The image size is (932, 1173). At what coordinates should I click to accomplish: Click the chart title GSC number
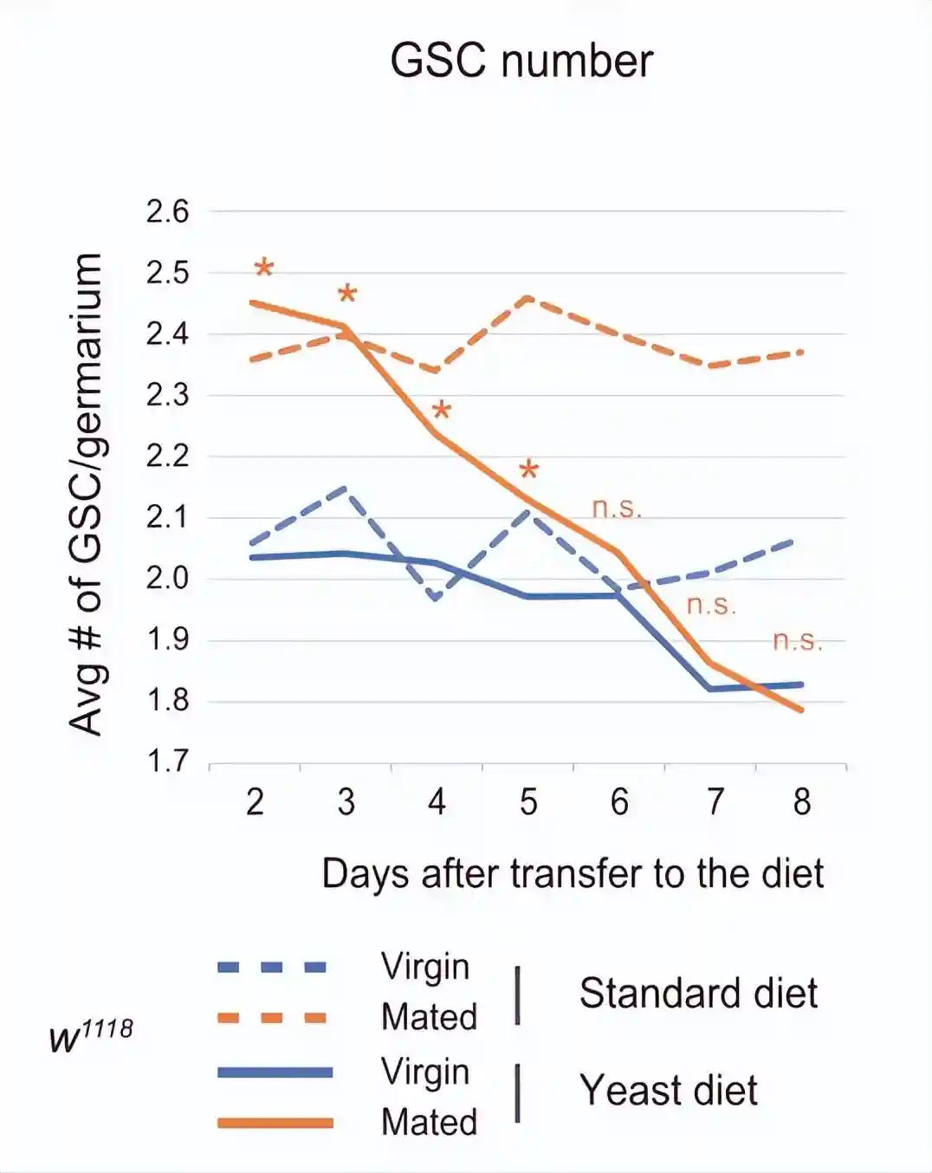click(x=521, y=62)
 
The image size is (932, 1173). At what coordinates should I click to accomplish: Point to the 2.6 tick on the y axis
click(x=167, y=211)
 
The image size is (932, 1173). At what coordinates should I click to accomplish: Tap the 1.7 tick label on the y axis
click(x=167, y=761)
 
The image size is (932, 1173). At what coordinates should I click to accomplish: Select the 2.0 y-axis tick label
click(x=167, y=578)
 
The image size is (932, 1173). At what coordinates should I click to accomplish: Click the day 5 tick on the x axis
click(x=528, y=802)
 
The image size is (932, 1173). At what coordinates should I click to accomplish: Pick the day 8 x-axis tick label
click(x=802, y=802)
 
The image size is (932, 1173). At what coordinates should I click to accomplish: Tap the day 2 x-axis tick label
click(x=255, y=802)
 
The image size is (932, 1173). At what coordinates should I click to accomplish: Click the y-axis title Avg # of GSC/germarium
click(x=86, y=494)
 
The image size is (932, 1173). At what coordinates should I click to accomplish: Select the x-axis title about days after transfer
click(x=573, y=873)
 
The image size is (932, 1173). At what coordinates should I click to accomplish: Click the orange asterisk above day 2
click(x=264, y=268)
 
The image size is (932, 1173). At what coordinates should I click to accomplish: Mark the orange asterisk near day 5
click(x=529, y=470)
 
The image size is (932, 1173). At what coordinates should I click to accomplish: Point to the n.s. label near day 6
click(x=617, y=508)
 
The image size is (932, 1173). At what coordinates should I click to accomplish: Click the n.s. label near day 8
click(x=797, y=640)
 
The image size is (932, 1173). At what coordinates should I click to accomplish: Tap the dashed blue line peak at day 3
click(x=346, y=489)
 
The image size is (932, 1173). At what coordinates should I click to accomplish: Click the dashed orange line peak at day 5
click(x=528, y=297)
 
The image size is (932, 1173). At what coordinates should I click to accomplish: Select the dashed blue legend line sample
click(x=272, y=967)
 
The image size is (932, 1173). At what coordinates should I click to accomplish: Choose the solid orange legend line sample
click(x=275, y=1123)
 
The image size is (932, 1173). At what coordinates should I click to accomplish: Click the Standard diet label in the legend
click(x=698, y=993)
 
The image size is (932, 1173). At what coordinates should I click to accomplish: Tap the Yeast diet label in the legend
click(x=669, y=1090)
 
